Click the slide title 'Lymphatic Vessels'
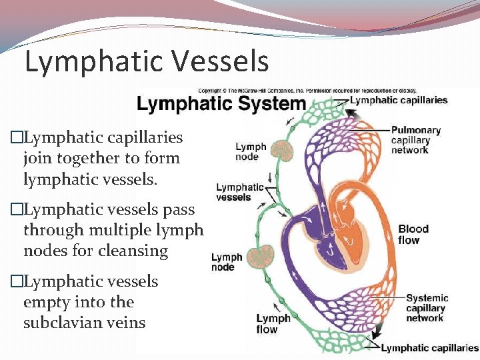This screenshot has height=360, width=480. [147, 61]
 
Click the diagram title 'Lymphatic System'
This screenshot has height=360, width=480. [221, 105]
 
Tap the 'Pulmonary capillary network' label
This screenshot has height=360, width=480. [415, 140]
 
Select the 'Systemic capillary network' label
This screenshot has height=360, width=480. [427, 308]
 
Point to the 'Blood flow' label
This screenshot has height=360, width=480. [413, 234]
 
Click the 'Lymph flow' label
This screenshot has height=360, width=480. [273, 324]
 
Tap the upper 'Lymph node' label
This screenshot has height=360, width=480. [251, 152]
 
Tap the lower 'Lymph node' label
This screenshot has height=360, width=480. [227, 262]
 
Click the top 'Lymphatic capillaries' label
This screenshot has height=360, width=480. [399, 100]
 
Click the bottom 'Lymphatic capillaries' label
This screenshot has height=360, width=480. [430, 348]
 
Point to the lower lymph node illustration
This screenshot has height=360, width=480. [261, 257]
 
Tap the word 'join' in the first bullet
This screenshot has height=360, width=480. [36, 159]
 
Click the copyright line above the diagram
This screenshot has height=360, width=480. [307, 90]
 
